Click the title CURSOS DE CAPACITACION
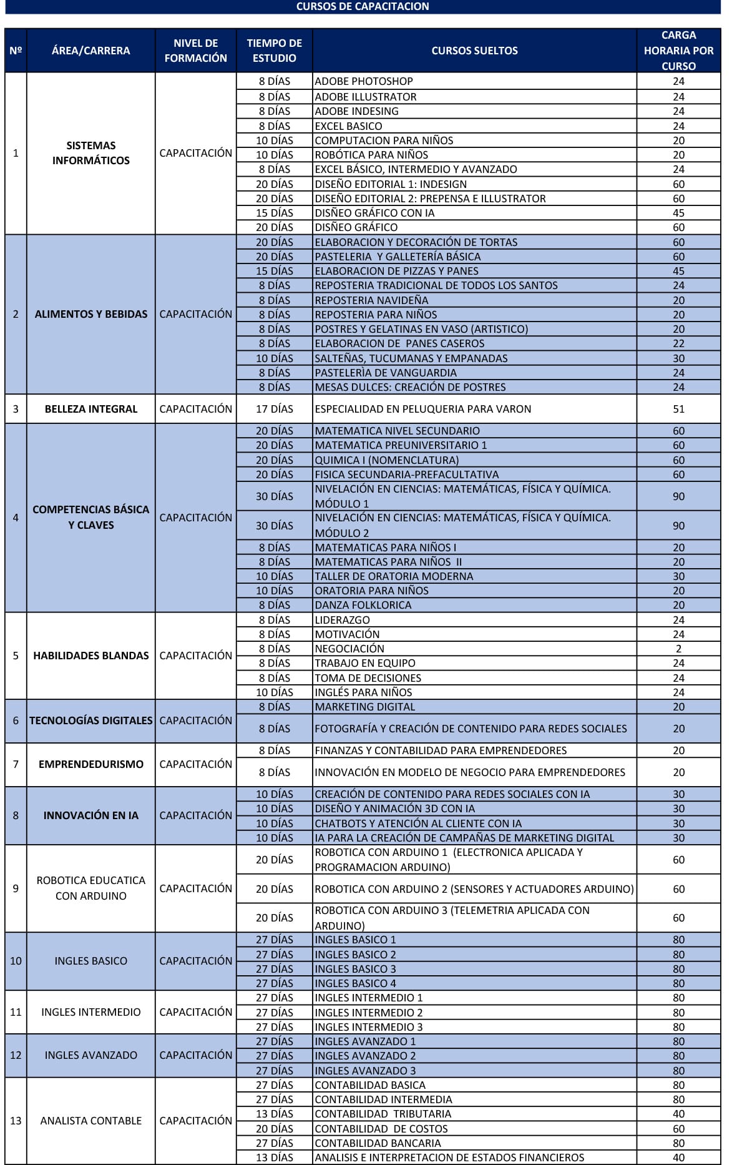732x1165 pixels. pos(362,7)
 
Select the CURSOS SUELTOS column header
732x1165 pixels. pos(474,51)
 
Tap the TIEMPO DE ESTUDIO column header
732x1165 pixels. pos(274,51)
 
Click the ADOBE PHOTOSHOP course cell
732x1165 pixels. pos(364,81)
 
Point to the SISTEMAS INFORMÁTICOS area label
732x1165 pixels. pos(91,153)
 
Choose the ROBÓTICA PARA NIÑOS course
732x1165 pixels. pos(371,155)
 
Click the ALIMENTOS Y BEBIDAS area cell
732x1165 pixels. pos(91,314)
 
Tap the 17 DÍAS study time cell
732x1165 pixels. pos(274,409)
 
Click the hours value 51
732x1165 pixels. pos(678,409)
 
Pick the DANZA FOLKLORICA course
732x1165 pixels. pos(363,605)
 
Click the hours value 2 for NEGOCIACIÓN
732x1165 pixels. pos(678,649)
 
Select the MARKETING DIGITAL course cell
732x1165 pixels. pos(365,707)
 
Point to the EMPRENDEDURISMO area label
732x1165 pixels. pos(91,764)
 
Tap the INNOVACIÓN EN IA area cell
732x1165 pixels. pos(91,815)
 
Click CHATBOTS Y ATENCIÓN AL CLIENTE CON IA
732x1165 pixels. pos(418,823)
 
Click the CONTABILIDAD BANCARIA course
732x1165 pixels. pos(378,1143)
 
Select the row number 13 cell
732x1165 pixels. pos(16,1121)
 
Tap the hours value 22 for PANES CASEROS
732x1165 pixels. pos(678,343)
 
